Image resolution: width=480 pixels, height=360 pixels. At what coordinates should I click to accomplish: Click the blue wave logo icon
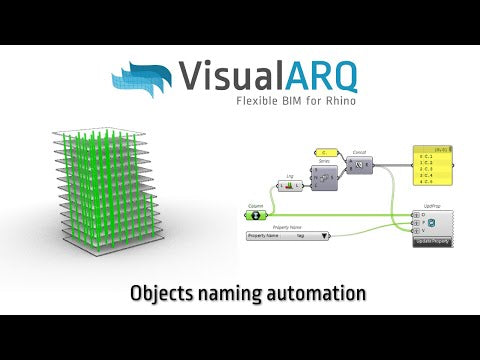pyautogui.click(x=144, y=79)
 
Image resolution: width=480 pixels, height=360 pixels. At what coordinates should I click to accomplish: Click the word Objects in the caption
pyautogui.click(x=164, y=293)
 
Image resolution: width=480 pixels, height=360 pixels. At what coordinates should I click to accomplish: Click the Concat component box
pyautogui.click(x=361, y=164)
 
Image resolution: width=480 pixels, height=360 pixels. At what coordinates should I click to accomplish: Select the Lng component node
pyautogui.click(x=291, y=185)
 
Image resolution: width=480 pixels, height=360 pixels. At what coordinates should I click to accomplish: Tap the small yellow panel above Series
pyautogui.click(x=326, y=152)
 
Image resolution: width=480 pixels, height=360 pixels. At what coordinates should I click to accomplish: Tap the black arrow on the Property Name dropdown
pyautogui.click(x=325, y=236)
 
